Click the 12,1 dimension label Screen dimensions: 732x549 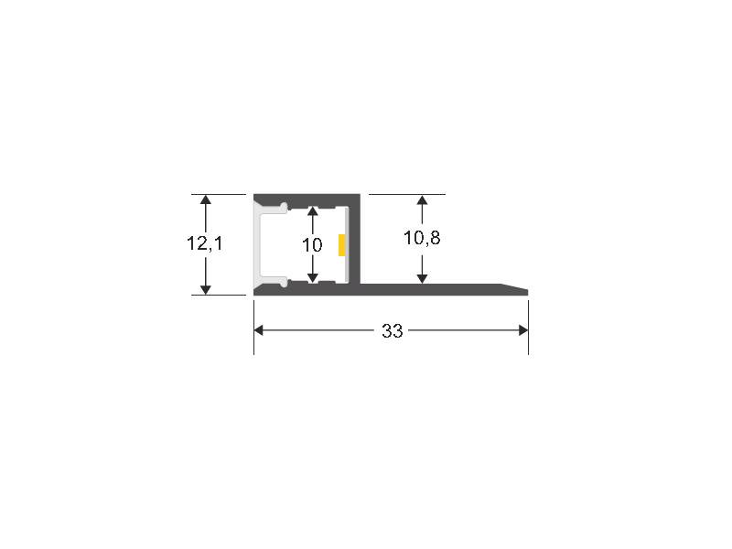tap(205, 243)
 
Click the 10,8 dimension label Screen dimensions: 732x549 tap(422, 238)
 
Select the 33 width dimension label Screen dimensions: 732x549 tap(393, 330)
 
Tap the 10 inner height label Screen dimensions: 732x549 tap(312, 244)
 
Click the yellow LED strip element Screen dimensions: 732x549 tap(342, 245)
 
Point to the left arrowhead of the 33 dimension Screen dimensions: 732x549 tap(259, 330)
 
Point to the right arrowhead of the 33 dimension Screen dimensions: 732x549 tap(523, 330)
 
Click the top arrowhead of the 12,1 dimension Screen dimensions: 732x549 tap(205, 199)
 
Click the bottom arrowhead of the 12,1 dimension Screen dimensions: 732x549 tap(205, 289)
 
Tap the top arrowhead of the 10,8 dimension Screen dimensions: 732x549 tap(422, 200)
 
